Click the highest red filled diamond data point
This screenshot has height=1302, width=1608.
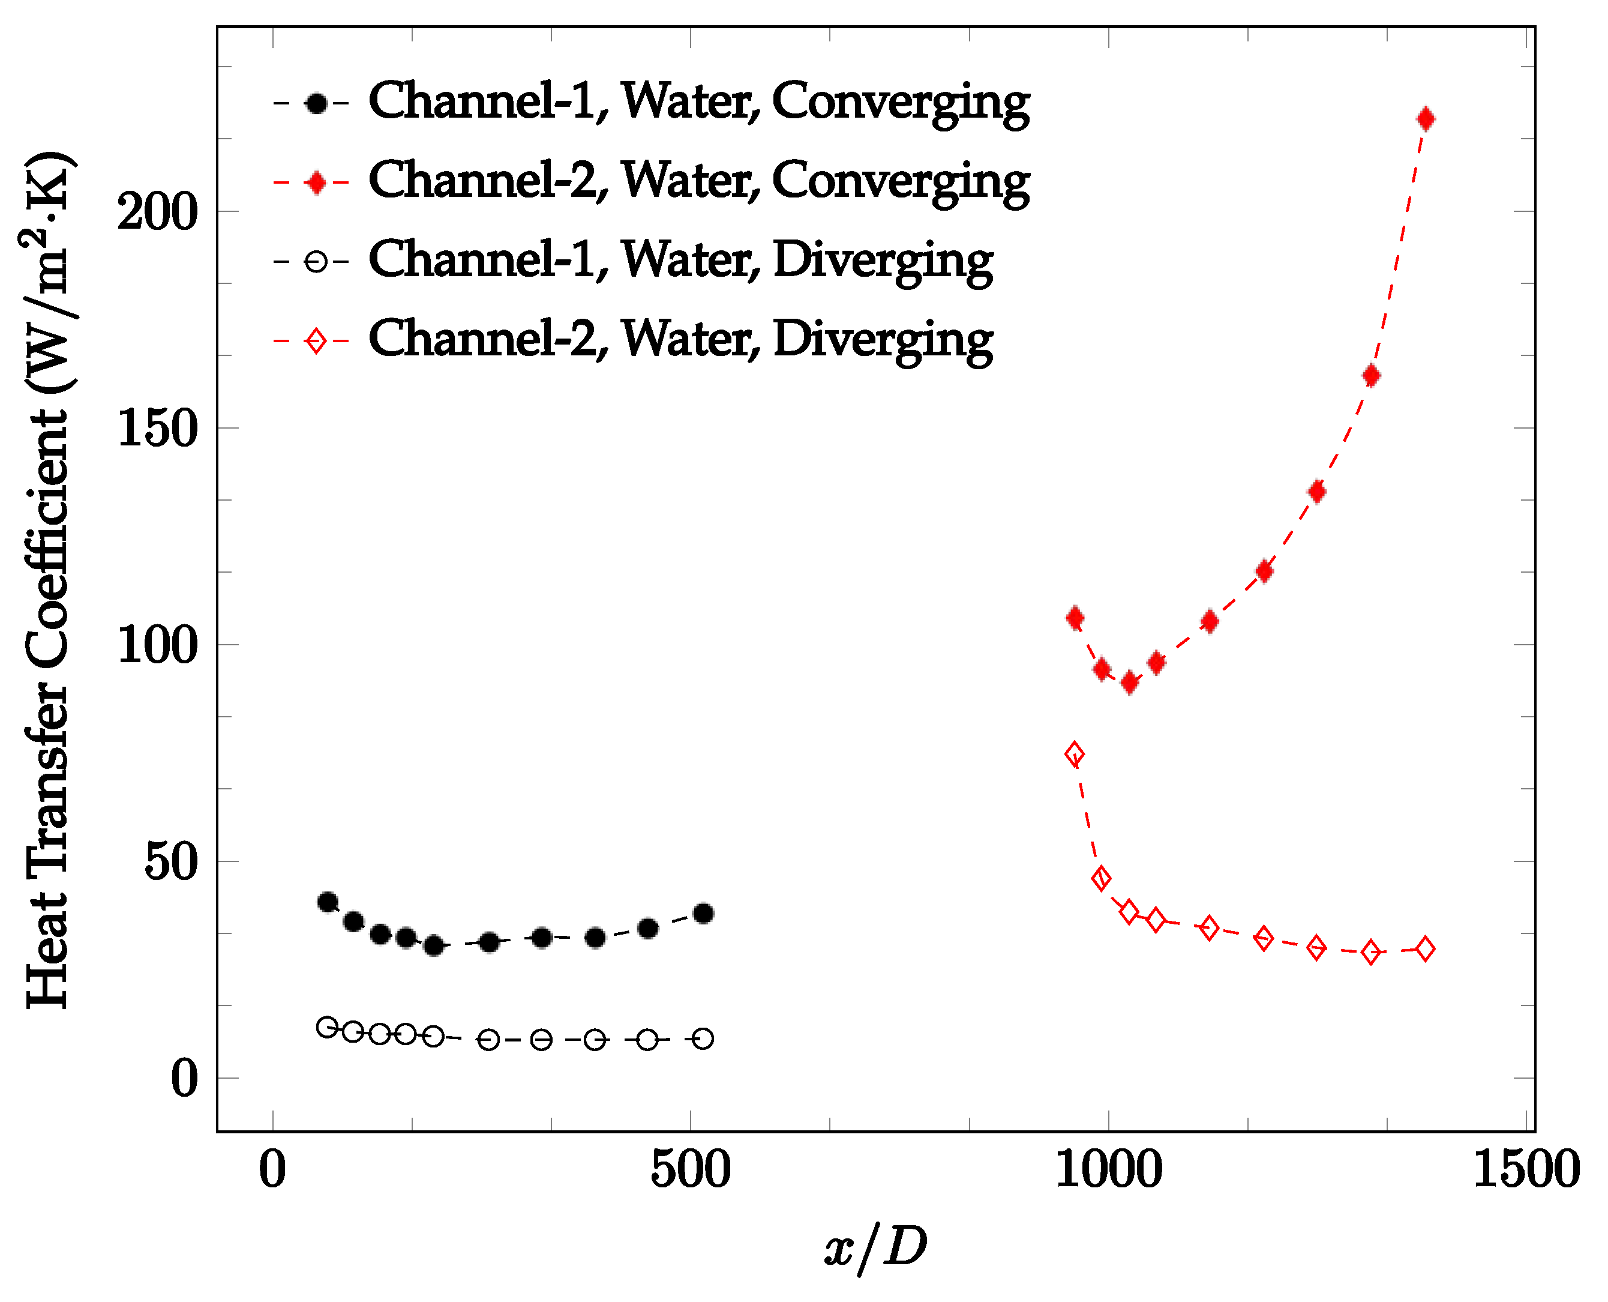coord(1425,118)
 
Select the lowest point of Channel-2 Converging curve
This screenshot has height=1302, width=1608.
coord(1129,683)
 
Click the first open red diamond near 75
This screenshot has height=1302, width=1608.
coord(1074,754)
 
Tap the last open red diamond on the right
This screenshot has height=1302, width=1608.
coord(1425,949)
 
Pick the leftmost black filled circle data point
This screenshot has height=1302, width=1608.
coord(328,902)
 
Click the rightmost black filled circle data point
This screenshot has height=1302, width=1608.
coord(703,914)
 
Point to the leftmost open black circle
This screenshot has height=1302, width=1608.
coord(327,1026)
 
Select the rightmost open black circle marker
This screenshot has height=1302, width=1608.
coord(703,1038)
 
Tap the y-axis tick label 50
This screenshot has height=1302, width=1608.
coord(170,862)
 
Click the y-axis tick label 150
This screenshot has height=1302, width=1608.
coord(157,429)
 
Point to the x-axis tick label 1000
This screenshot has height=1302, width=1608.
coord(1108,1170)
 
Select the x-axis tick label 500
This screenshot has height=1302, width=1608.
coord(689,1170)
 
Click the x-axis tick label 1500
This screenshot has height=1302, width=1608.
coord(1526,1170)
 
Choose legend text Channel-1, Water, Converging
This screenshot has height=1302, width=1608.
coord(698,102)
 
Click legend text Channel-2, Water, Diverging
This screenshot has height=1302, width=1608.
coord(680,340)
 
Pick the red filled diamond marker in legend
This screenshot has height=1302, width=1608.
coord(316,182)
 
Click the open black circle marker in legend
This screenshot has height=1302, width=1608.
coord(316,262)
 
